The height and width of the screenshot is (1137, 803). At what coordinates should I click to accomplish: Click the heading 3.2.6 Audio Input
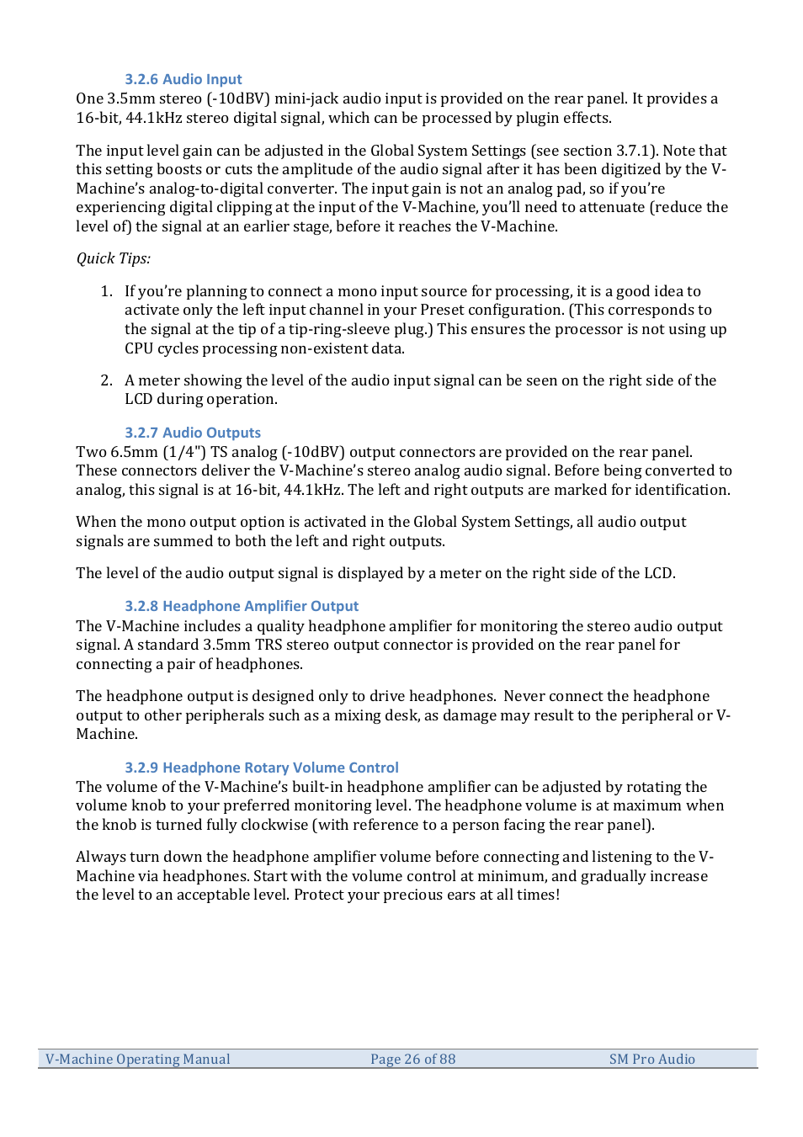(183, 79)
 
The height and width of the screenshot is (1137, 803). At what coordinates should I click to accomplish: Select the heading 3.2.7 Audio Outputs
(193, 433)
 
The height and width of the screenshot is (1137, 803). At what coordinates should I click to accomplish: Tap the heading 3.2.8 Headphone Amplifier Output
(242, 606)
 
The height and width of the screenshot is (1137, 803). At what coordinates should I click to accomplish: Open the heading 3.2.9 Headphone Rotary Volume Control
(262, 768)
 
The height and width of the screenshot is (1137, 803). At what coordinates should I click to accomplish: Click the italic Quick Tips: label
(113, 258)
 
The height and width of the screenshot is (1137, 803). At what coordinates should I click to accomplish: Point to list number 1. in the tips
(106, 291)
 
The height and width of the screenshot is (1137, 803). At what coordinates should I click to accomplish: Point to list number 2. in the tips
(106, 380)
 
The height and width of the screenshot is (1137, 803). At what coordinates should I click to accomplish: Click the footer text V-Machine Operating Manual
(138, 1059)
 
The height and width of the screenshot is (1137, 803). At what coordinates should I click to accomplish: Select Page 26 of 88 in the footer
(412, 1059)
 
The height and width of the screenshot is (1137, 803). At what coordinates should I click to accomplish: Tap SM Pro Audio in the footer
(651, 1059)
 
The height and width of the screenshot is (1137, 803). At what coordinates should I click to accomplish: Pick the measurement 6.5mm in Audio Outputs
(134, 452)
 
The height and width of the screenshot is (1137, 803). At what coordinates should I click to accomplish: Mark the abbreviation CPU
(140, 348)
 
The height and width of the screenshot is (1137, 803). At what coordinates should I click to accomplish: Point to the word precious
(412, 895)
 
